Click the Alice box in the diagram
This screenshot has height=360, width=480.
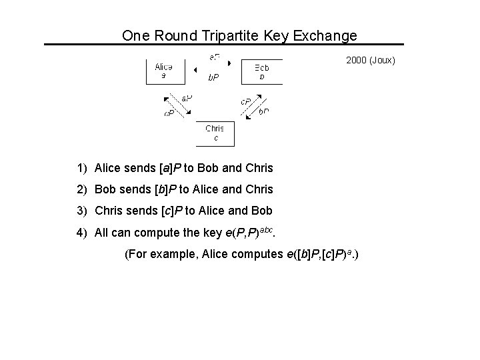click(x=163, y=70)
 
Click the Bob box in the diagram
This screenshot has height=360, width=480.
click(x=263, y=71)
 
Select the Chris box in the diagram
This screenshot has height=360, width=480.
click(x=215, y=133)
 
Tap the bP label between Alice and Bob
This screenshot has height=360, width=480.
click(x=213, y=77)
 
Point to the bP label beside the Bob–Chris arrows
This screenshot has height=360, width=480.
click(x=264, y=111)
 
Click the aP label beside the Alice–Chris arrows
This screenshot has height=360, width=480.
click(x=187, y=98)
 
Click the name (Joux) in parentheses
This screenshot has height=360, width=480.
click(x=383, y=61)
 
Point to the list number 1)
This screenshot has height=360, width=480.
click(x=82, y=167)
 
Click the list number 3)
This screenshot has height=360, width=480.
click(x=82, y=211)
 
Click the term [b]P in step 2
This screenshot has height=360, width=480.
click(x=165, y=189)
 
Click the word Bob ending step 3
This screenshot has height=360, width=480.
click(x=261, y=211)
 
